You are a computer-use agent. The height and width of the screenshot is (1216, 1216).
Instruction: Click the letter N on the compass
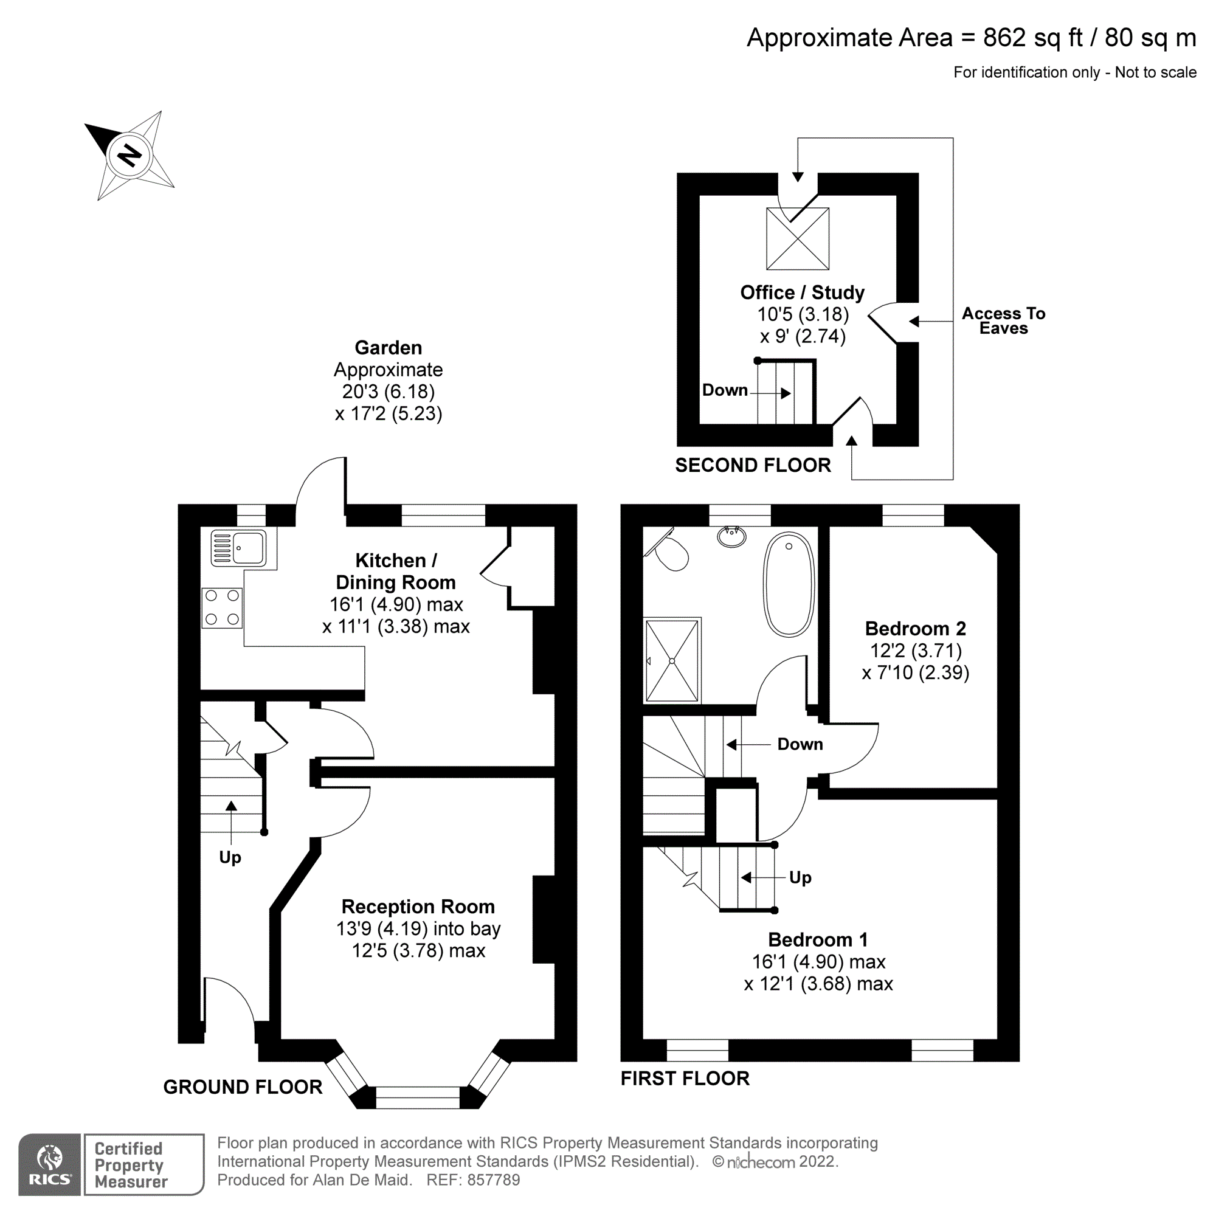[130, 155]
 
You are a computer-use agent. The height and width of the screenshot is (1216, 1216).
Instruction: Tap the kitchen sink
[238, 548]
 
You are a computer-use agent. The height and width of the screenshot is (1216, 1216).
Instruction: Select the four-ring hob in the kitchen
[221, 607]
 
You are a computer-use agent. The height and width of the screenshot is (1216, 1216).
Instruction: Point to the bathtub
[789, 585]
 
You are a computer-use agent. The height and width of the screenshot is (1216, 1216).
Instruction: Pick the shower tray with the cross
[672, 661]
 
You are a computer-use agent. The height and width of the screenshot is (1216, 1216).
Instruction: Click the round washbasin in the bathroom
[731, 537]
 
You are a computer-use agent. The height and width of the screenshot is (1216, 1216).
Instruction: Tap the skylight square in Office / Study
[798, 238]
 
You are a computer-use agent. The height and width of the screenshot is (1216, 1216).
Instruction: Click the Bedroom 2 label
[915, 628]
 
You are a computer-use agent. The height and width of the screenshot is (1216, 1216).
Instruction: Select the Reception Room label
[418, 907]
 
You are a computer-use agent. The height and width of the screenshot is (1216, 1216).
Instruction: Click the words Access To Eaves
[1003, 321]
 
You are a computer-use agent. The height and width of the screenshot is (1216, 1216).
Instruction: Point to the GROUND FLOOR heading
[243, 1087]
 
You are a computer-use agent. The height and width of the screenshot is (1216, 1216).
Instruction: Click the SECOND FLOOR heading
[753, 465]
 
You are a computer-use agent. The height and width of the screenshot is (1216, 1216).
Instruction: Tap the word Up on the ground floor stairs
[230, 857]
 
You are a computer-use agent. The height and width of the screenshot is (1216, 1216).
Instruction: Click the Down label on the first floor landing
[800, 744]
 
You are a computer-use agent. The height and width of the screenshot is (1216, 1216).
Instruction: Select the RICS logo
[50, 1164]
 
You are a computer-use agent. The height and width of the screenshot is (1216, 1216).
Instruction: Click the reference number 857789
[493, 1180]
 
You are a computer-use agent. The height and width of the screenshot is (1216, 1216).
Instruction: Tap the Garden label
[389, 347]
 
